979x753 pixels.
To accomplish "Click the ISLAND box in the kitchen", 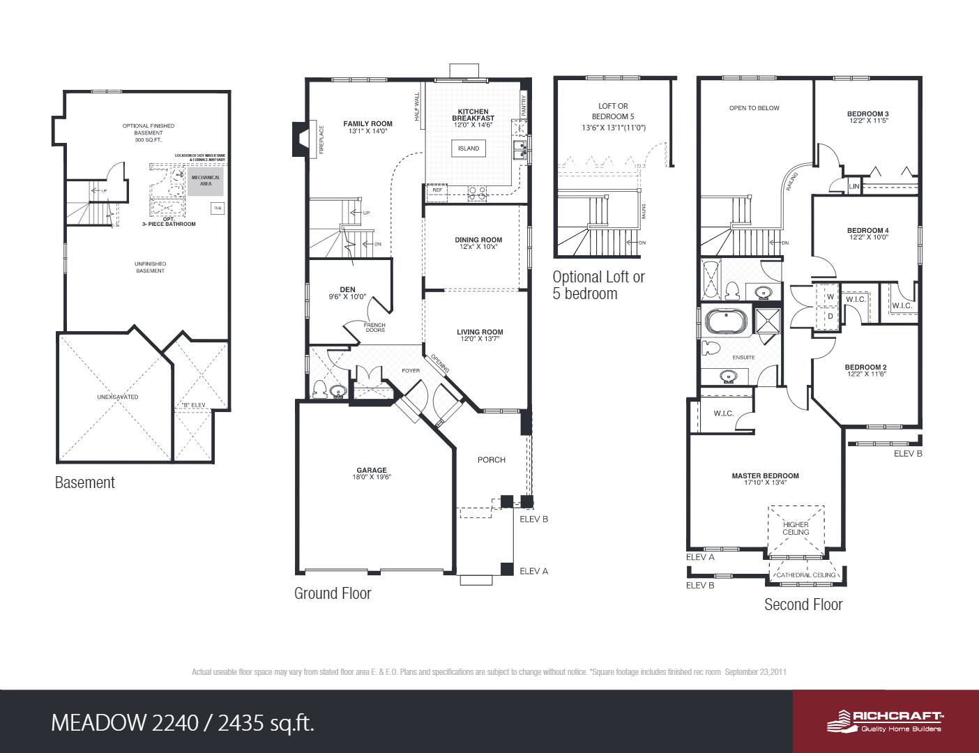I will (x=469, y=149).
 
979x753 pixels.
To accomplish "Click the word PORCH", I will (x=492, y=460).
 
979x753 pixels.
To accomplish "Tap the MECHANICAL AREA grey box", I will (x=206, y=181).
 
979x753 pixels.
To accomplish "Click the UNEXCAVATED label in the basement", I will (x=118, y=397).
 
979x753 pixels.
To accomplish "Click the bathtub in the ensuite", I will (x=726, y=322).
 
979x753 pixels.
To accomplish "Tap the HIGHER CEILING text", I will (x=796, y=528).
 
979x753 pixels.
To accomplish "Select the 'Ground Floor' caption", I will (x=333, y=593).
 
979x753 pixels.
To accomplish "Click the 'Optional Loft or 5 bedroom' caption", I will (x=598, y=285).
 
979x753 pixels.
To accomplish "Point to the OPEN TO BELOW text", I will (x=754, y=108).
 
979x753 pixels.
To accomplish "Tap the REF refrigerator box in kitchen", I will (x=437, y=190).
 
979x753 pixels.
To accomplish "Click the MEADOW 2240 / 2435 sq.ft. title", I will (x=183, y=723).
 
